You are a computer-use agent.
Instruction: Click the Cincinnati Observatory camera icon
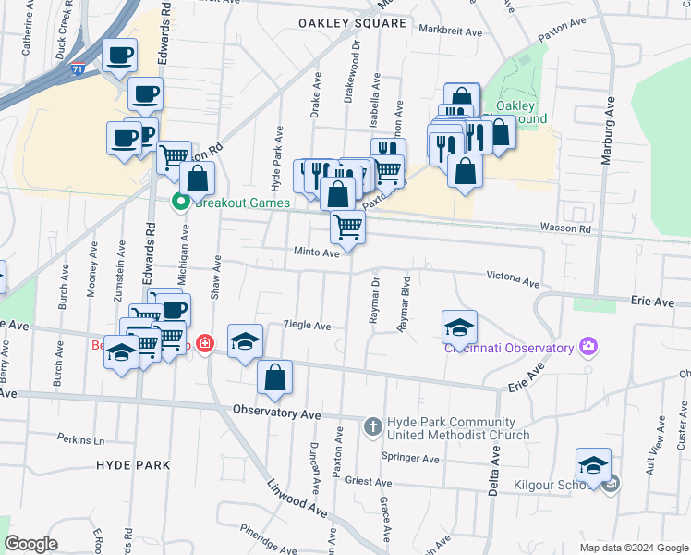pos(588,347)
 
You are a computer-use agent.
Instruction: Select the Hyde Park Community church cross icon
pos(372,426)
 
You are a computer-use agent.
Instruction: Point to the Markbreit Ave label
pos(450,31)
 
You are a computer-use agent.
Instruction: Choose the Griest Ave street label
pos(369,481)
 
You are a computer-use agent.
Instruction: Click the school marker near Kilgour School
pos(593,464)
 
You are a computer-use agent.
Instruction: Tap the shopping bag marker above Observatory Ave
pos(274,376)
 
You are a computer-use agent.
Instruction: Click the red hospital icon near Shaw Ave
pos(203,346)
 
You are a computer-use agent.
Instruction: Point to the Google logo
pos(30,544)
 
